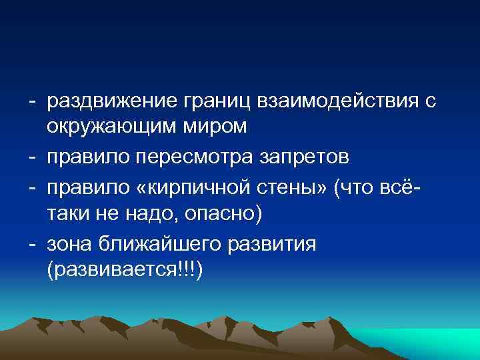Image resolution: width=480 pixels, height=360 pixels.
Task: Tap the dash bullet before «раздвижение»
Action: click(31, 102)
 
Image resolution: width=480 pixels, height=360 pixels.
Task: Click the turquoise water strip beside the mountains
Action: click(440, 340)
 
